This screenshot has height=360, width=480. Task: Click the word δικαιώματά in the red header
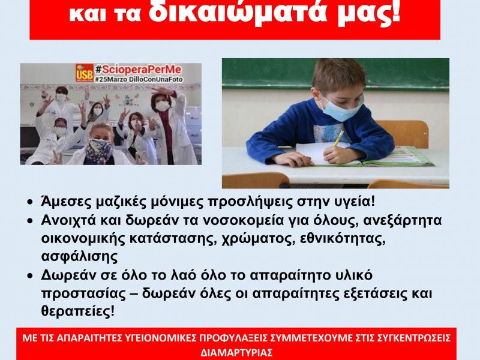pos(240,13)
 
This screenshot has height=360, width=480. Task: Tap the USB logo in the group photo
pos(83,74)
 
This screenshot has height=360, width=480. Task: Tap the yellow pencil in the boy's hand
pos(338,140)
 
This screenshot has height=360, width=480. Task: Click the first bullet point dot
pos(30,203)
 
